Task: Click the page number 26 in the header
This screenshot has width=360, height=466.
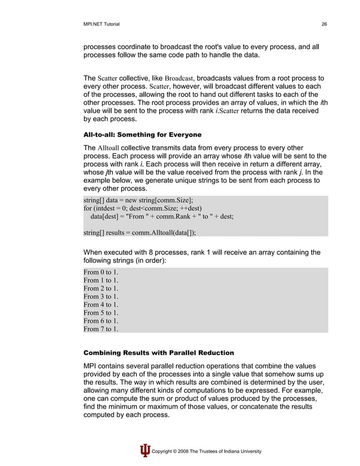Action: coord(324,23)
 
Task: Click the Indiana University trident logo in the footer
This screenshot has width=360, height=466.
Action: coord(145,451)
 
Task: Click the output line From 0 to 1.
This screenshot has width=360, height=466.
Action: coord(101,272)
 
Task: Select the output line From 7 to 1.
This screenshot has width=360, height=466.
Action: coord(101,328)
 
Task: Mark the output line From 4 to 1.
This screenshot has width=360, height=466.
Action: coord(101,305)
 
